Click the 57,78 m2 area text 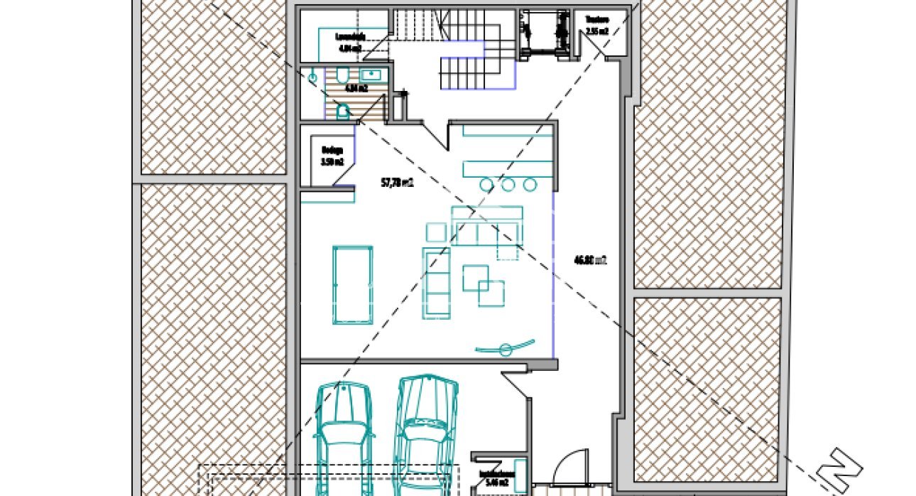coord(397,183)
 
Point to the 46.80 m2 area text coord(590,260)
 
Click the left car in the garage coord(343,437)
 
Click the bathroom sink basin coord(371,74)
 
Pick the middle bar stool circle coord(508,185)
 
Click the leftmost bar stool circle coord(486,185)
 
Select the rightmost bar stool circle coord(530,185)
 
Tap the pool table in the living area coord(353,284)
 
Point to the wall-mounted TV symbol coord(506,348)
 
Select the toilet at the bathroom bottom coord(343,111)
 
